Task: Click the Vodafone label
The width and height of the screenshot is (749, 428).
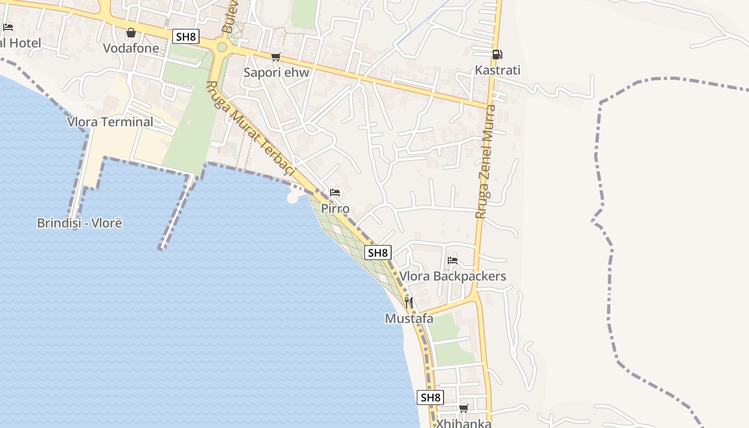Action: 131,48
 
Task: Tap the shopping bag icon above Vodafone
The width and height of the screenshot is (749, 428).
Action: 131,33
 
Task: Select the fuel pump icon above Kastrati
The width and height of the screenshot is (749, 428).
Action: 497,55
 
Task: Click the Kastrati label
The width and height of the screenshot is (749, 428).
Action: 498,70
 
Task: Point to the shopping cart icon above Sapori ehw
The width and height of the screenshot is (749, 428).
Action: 276,57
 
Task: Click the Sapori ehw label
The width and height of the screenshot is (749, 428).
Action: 277,72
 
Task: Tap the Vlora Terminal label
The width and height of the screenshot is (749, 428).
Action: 110,121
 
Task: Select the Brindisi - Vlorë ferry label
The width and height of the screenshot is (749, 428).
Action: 79,223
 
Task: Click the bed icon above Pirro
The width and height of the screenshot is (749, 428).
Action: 335,193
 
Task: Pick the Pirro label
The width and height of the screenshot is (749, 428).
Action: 335,208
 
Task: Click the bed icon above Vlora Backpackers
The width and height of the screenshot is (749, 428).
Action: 453,261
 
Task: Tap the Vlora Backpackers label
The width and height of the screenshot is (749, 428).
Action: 453,276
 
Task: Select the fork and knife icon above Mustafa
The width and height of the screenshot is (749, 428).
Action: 409,303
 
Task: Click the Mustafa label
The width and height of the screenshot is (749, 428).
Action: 409,318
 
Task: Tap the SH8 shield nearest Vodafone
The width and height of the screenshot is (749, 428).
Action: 186,36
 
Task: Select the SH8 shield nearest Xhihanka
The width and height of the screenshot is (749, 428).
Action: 430,398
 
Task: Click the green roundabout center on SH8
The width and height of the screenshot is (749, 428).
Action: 222,47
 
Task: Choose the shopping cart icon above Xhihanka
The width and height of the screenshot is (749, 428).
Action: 463,409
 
